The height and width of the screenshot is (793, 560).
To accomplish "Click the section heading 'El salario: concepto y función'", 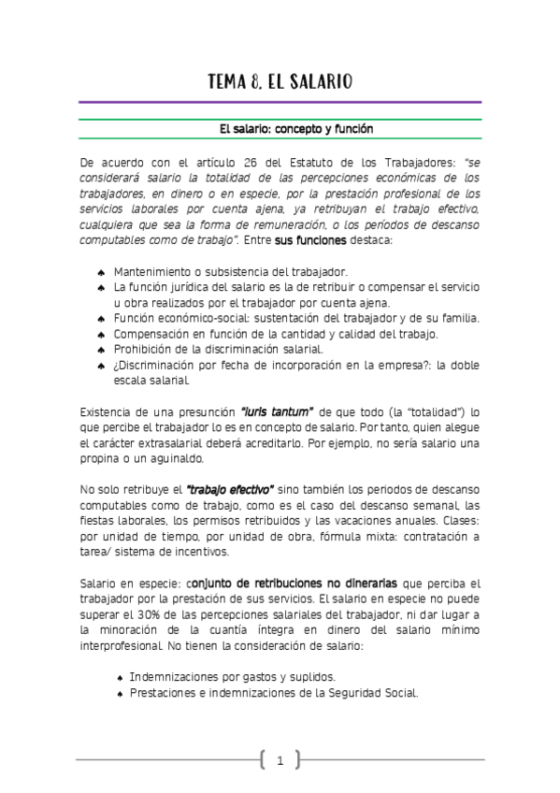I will click(x=280, y=128).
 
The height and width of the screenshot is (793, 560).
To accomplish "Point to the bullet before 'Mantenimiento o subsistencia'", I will click(x=100, y=272).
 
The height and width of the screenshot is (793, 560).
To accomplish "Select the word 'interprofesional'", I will click(x=122, y=646).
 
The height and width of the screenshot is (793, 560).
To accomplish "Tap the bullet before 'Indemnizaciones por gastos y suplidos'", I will click(x=121, y=677).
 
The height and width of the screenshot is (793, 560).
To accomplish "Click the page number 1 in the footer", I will click(x=280, y=761).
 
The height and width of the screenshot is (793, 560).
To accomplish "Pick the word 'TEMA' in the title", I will click(x=229, y=82).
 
